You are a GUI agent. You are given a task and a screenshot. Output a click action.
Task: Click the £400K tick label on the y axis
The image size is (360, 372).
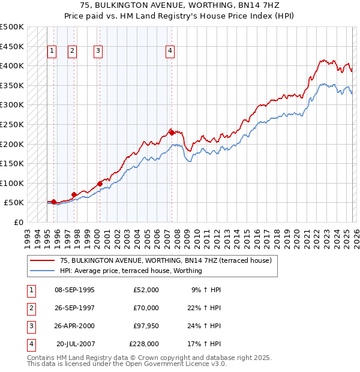point(12,65)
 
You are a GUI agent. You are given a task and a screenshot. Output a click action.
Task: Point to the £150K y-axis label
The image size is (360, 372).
point(12,163)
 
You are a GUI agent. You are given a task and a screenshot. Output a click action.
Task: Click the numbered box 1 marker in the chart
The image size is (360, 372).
point(52,52)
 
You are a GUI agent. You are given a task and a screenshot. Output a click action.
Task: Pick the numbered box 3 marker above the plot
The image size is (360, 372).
point(97,52)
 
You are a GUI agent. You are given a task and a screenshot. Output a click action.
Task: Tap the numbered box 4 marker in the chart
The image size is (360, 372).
point(170,52)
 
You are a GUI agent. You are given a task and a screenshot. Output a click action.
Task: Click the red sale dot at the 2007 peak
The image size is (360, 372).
point(172,133)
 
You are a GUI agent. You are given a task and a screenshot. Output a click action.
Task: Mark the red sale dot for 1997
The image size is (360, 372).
point(74,194)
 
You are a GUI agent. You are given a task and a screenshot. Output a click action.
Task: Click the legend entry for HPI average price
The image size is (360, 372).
point(131,271)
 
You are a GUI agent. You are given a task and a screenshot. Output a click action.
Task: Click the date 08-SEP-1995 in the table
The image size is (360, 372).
point(74,290)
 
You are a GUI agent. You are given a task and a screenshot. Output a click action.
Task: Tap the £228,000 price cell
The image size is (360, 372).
point(144,344)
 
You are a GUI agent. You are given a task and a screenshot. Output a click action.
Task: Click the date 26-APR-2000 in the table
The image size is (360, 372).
point(74,326)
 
